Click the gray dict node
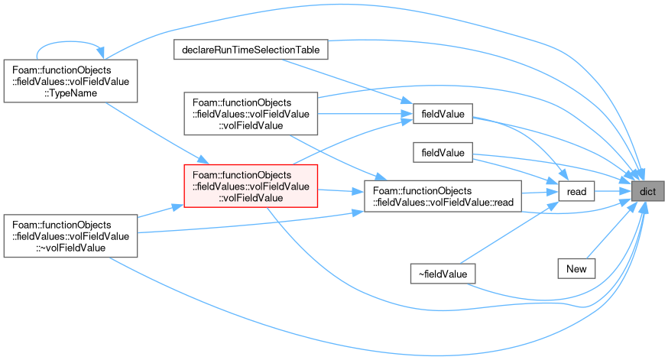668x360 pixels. coord(647,191)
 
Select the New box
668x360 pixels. coord(576,269)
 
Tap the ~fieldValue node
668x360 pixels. coord(443,274)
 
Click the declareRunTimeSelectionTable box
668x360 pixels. coord(251,50)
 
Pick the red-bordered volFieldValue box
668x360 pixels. coord(251,186)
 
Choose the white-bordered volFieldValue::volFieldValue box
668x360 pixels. coord(251,114)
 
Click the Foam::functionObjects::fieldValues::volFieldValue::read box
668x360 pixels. coord(443,196)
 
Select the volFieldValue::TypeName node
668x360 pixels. coord(71,81)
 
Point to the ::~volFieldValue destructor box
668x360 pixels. coord(71,236)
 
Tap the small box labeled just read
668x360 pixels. coord(576,191)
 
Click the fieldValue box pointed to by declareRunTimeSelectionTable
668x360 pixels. coord(443,114)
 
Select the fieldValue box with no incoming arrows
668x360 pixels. coord(443,153)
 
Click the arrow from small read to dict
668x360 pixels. coord(613,191)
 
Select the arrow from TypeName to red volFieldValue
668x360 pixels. coord(157,133)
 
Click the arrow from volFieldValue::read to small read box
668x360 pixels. coord(540,193)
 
